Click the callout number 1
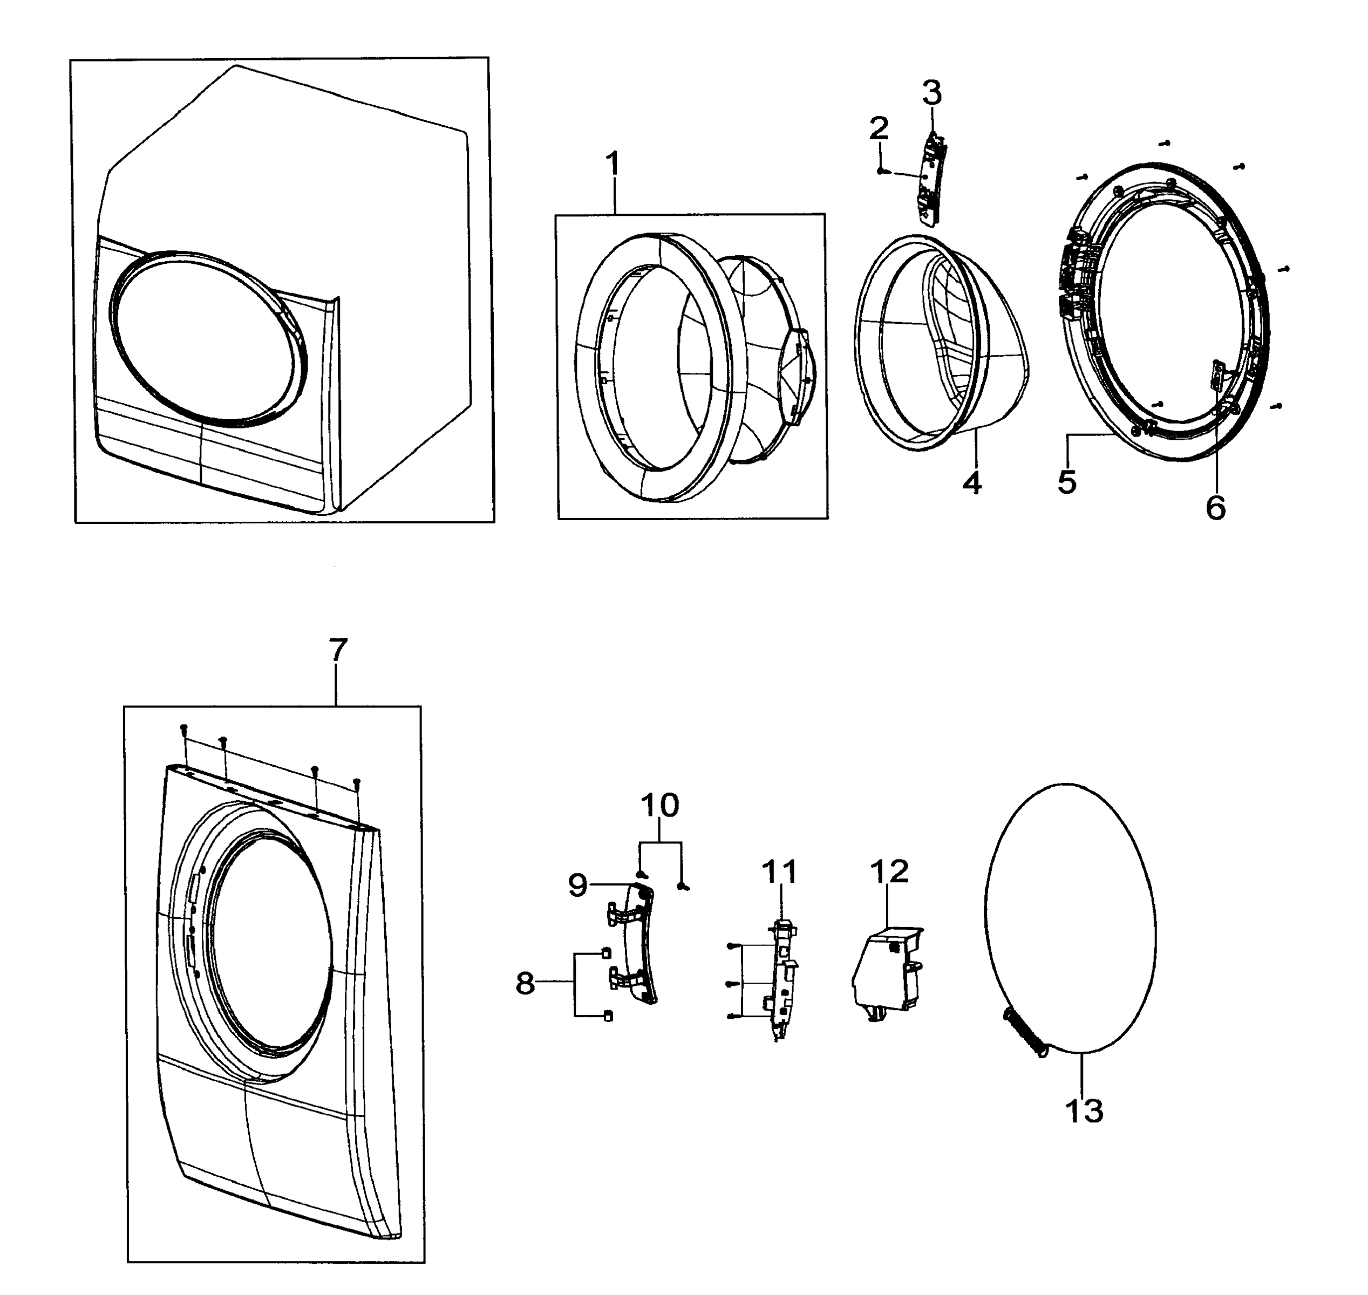611,165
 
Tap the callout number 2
879,128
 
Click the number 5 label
1067,482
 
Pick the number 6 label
1215,508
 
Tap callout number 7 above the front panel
337,650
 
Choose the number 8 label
525,984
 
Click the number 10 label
660,805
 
